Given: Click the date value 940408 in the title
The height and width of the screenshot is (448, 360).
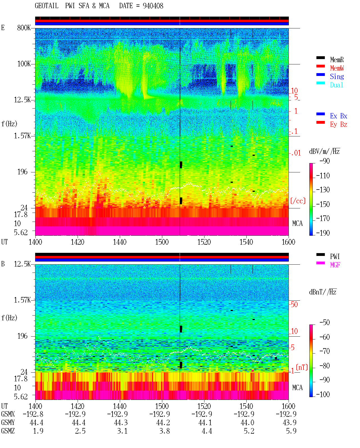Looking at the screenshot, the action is point(153,6).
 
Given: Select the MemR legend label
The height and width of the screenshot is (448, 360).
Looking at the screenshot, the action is point(337,60).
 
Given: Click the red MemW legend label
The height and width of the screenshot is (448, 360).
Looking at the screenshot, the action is point(337,68).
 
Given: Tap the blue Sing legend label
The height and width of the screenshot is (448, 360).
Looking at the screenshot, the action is point(337,76).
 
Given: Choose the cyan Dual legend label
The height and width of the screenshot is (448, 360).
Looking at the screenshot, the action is point(337,85).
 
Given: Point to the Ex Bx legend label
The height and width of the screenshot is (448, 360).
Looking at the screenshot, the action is point(339,116).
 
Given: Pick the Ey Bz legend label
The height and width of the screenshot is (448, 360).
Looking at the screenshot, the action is point(339,125).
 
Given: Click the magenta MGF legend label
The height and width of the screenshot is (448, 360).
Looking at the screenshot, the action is point(335,265).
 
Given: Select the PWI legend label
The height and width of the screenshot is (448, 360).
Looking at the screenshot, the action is point(335,256).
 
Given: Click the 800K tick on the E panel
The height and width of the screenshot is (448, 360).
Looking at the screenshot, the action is point(24,28).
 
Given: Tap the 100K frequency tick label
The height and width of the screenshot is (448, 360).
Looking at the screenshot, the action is point(24,64).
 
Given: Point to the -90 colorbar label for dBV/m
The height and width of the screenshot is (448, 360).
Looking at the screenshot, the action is point(325,161).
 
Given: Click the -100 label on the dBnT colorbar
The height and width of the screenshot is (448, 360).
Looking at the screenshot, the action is point(323,394).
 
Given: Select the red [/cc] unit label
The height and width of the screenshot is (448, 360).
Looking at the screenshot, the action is point(298,201).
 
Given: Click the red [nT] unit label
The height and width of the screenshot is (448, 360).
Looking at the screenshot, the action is point(302,367).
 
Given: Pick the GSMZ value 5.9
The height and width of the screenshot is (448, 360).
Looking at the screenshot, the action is point(291,431).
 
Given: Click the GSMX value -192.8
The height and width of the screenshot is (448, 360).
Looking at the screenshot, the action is point(33,414).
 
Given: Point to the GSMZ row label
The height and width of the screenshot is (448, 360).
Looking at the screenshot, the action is point(8,431).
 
